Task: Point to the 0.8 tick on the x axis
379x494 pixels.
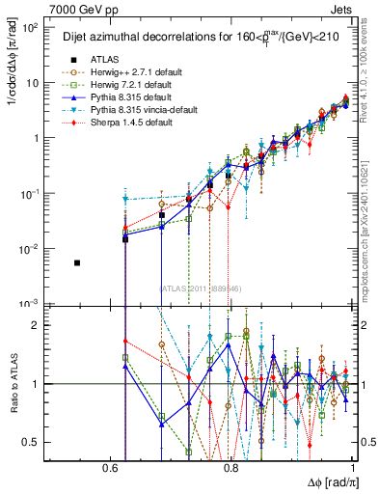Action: (231, 468)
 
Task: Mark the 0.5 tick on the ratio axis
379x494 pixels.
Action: (35, 442)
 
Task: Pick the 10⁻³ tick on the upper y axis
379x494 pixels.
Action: (32, 303)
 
